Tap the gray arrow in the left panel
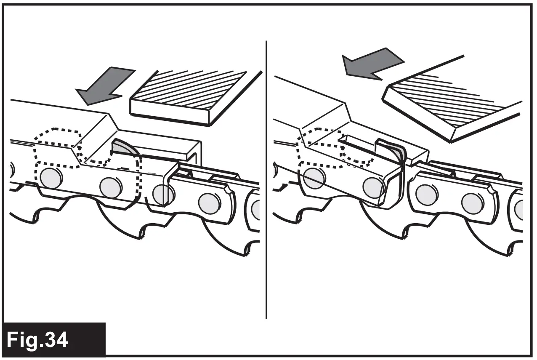(104, 86)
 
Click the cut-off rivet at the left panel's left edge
(11, 171)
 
